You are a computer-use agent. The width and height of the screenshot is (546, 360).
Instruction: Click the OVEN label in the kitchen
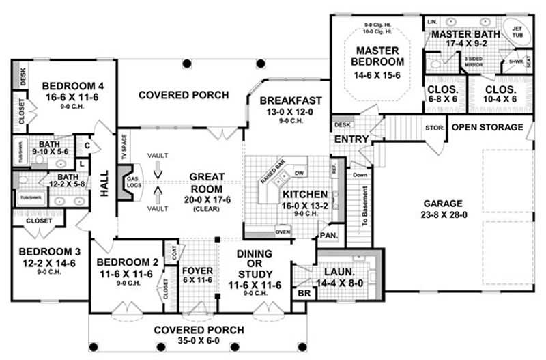(283, 230)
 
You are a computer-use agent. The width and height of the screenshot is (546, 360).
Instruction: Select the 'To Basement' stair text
(364, 206)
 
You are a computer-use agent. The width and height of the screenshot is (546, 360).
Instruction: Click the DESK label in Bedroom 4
(23, 76)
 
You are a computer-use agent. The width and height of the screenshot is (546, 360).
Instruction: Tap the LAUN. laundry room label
(332, 271)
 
